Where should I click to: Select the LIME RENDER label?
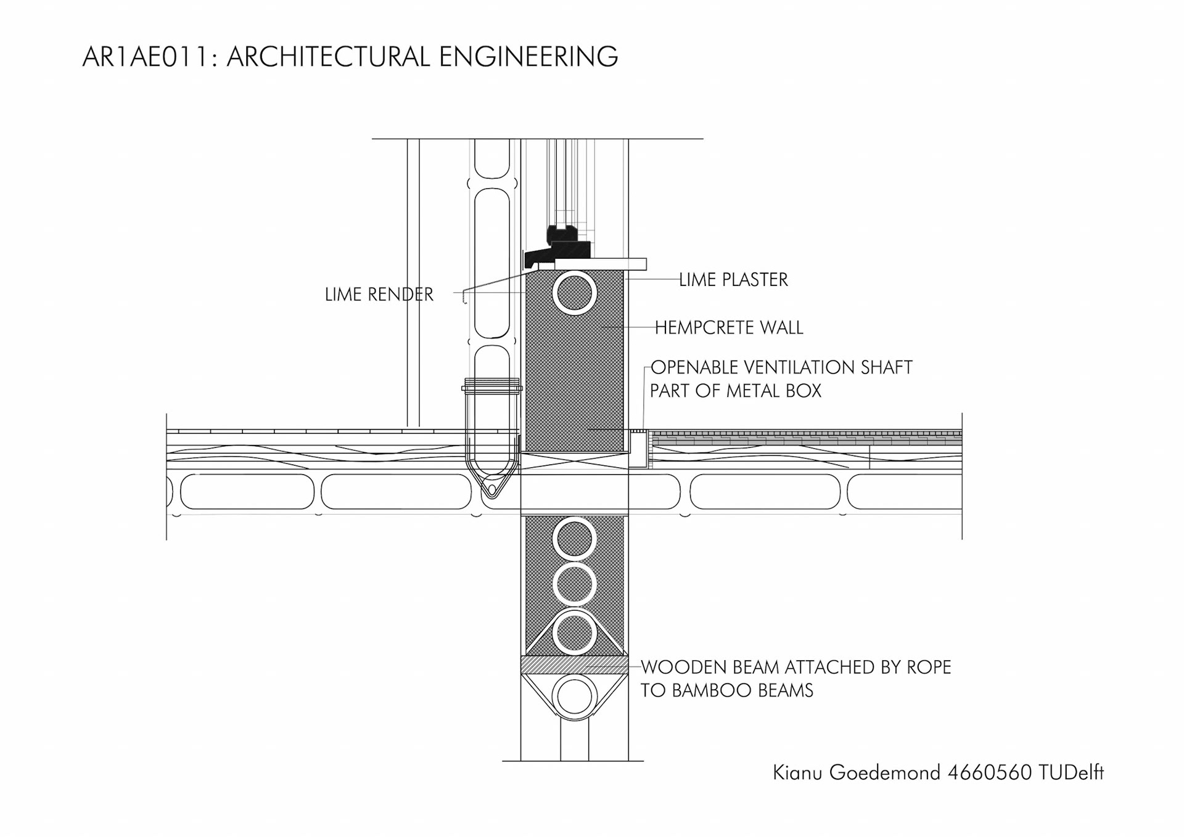pyautogui.click(x=379, y=295)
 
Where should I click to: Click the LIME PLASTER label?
pyautogui.click(x=733, y=280)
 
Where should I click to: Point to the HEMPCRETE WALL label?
pyautogui.click(x=728, y=327)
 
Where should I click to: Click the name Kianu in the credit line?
pyautogui.click(x=797, y=772)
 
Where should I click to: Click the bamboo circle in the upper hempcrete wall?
pyautogui.click(x=574, y=293)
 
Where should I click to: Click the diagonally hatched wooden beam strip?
pyautogui.click(x=574, y=664)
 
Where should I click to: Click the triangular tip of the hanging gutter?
pyautogui.click(x=491, y=491)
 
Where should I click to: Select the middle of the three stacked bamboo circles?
pyautogui.click(x=574, y=584)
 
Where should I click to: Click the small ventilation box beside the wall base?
pyautogui.click(x=639, y=449)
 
